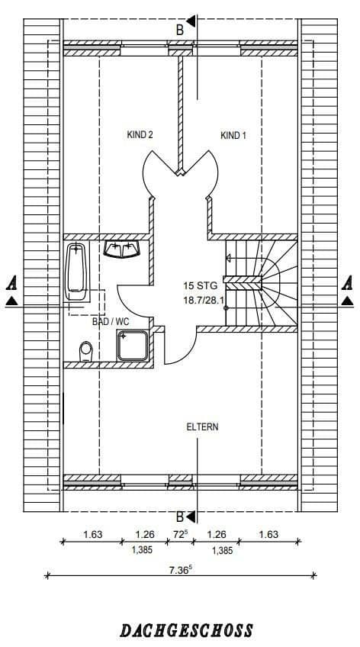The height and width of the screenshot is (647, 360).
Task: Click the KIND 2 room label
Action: [x=140, y=135]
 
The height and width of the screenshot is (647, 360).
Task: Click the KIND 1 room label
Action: [x=233, y=136]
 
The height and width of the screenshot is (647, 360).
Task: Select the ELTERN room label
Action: [x=202, y=427]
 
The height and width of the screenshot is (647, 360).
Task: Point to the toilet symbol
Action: [x=85, y=351]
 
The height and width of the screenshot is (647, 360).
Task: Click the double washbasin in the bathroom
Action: [x=122, y=250]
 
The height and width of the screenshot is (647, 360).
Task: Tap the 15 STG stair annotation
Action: [x=201, y=286]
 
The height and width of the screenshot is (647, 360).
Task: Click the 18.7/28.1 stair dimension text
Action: [x=203, y=301]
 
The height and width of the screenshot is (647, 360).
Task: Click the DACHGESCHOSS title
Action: [x=186, y=630]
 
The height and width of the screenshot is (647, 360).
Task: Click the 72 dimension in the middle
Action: [x=180, y=535]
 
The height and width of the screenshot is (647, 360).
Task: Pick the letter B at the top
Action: [x=180, y=30]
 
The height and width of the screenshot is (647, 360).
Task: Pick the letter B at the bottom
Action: [x=180, y=516]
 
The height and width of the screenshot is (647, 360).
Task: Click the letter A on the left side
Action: [x=11, y=282]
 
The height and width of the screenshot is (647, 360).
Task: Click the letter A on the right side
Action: [x=348, y=282]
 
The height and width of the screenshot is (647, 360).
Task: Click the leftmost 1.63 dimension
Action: [x=92, y=535]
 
